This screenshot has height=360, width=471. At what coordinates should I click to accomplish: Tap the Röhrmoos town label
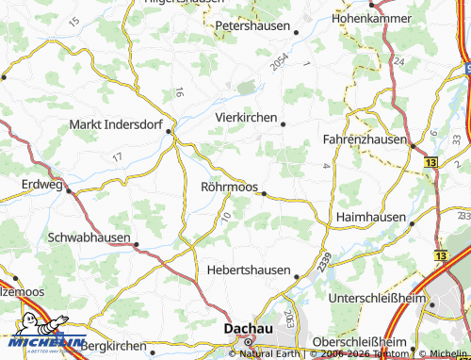(x=230, y=187)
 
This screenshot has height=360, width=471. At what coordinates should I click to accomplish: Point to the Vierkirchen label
(x=246, y=117)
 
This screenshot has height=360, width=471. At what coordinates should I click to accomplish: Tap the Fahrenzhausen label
(x=365, y=139)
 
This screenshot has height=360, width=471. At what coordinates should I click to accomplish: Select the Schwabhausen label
(x=89, y=237)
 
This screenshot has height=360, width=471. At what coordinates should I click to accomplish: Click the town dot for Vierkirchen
(x=283, y=123)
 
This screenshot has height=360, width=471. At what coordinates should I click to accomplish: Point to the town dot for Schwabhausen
(x=137, y=245)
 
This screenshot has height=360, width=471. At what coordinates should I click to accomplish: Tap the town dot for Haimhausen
(x=413, y=222)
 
